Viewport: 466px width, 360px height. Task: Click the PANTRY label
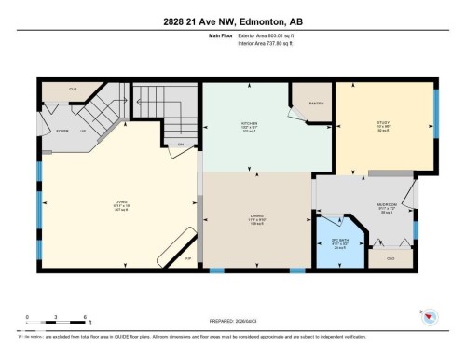(312, 103)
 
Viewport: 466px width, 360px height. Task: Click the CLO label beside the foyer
(73, 90)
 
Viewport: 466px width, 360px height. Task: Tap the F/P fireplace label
(187, 258)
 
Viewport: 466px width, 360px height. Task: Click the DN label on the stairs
(180, 144)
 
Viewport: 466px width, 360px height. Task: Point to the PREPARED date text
(231, 315)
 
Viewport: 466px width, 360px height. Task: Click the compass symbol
(432, 319)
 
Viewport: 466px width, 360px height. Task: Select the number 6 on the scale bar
(86, 317)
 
